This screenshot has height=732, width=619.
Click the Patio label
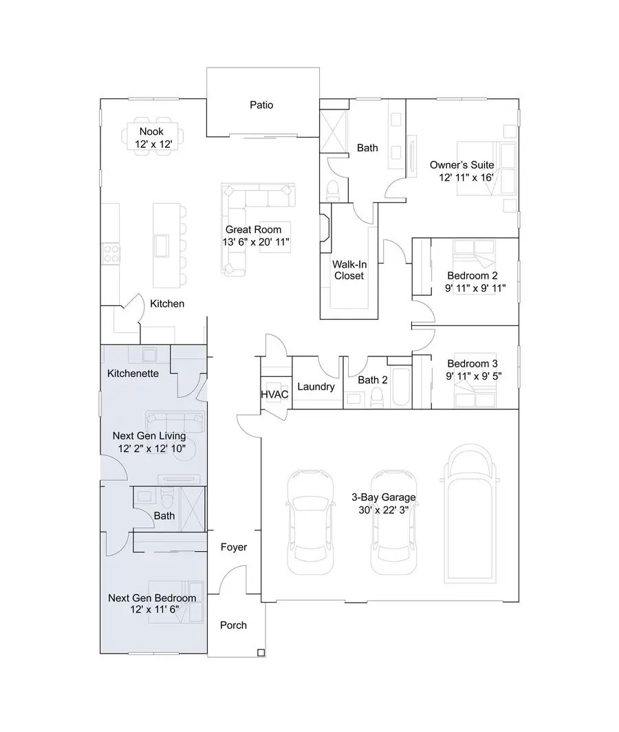tap(261, 105)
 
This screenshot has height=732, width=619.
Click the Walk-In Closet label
tap(348, 270)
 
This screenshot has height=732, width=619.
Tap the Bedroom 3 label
tap(473, 364)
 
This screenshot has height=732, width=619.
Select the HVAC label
tap(274, 394)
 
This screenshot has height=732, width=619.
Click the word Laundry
tap(316, 387)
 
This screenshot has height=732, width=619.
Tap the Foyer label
tap(233, 547)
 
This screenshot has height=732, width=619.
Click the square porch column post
tap(261, 652)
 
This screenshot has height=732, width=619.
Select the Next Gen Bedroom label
tap(152, 598)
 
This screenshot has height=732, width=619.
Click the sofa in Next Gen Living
tap(174, 420)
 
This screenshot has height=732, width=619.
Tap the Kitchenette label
tap(133, 374)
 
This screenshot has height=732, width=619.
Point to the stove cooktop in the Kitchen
tap(111, 254)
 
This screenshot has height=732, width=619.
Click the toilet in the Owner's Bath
tap(332, 191)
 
